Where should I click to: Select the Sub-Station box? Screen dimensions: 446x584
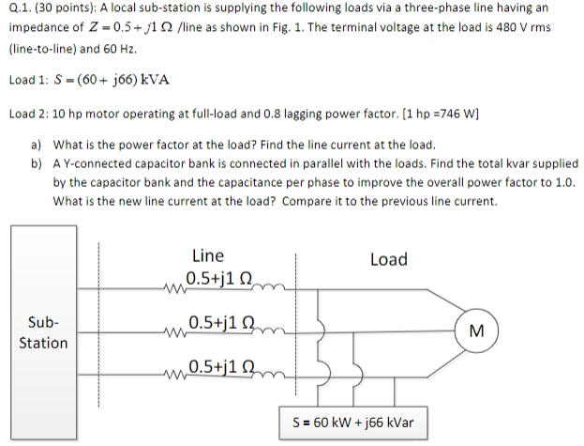pyautogui.click(x=43, y=332)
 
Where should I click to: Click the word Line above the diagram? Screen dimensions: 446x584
pyautogui.click(x=207, y=255)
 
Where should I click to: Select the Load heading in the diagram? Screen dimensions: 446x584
pyautogui.click(x=388, y=258)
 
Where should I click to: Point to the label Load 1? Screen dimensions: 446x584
pyautogui.click(x=33, y=79)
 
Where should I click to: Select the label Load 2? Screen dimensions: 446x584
pyautogui.click(x=33, y=115)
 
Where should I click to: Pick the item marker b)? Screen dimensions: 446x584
pyautogui.click(x=37, y=163)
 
